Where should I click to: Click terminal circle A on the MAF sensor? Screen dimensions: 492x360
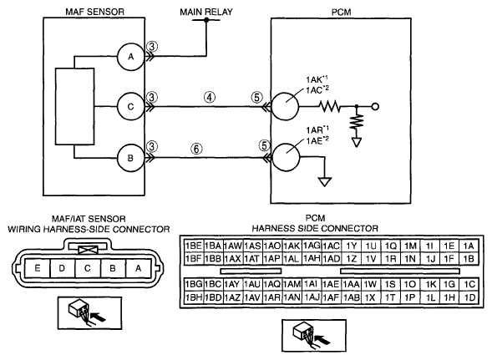[130, 57]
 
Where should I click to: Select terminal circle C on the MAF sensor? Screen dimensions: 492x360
[130, 107]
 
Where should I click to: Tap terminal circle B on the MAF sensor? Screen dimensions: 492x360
[130, 158]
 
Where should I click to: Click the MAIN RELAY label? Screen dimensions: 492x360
[206, 12]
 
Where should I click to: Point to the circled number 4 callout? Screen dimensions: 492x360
[210, 97]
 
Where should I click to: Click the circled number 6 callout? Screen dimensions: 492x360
[196, 149]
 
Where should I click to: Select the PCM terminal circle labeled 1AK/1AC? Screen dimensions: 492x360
[285, 106]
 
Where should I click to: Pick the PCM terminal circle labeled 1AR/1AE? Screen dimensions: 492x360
[286, 157]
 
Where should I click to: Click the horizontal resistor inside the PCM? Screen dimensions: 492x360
[330, 106]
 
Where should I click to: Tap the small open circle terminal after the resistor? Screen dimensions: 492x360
[375, 107]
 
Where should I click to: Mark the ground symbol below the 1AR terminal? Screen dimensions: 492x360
[324, 182]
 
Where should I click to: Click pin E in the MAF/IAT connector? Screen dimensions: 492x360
[38, 268]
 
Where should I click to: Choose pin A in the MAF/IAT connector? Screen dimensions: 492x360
[138, 268]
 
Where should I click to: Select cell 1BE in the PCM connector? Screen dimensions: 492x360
[194, 246]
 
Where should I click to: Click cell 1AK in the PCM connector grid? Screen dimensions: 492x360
[292, 246]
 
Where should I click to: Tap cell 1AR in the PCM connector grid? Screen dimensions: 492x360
[272, 297]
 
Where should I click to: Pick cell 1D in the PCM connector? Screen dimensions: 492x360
[469, 297]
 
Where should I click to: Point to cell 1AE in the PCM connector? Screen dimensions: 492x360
[331, 284]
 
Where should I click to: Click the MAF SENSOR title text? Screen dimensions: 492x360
[94, 12]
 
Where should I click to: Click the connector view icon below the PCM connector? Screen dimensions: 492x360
[314, 335]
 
